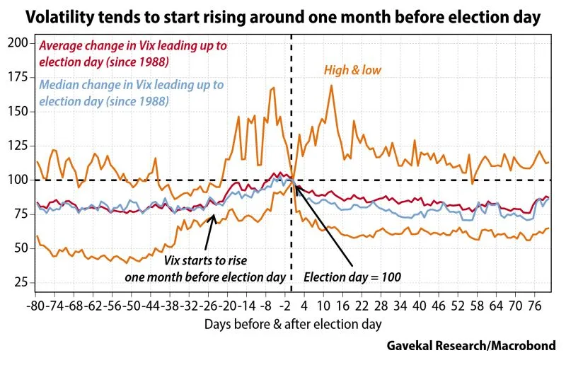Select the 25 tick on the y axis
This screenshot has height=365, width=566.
click(x=21, y=283)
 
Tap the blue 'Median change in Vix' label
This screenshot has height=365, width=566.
click(x=131, y=93)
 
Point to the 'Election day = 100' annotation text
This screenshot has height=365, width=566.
click(x=352, y=277)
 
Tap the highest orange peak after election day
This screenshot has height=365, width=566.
click(x=330, y=86)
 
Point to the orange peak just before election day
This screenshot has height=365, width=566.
click(x=273, y=87)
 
